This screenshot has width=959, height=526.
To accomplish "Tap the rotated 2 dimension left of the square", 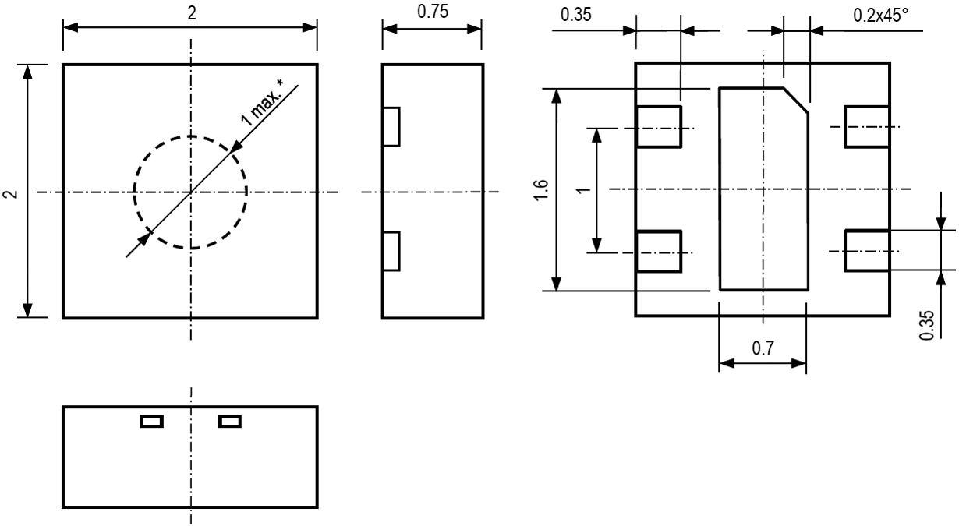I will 10,192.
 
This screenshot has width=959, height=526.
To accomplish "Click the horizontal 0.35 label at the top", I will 576,15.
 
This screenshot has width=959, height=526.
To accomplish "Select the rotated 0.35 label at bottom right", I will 926,323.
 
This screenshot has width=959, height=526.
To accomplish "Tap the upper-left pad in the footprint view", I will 659,126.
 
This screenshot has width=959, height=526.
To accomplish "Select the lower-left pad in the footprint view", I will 659,251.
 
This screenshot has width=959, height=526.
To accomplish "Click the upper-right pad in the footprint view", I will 867,126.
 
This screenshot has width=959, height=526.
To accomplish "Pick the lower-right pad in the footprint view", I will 867,251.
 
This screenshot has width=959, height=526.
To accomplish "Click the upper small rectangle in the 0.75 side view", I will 391,126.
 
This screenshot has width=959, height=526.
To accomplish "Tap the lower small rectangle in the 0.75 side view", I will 391,251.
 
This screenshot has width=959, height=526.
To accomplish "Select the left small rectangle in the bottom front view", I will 151,422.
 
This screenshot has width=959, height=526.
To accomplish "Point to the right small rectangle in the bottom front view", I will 230,422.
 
